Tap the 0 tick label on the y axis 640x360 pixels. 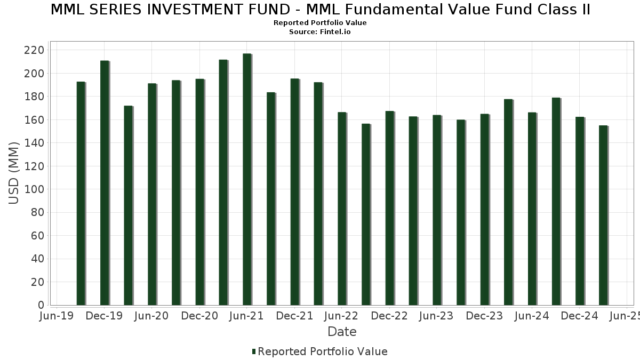click(41, 305)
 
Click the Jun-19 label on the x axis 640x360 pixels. click(57, 316)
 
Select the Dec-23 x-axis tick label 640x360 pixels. click(484, 316)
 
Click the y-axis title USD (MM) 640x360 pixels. click(14, 173)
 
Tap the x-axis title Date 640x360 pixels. click(342, 332)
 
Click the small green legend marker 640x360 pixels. click(254, 351)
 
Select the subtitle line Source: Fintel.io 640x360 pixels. click(320, 32)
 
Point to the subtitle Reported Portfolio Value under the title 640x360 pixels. click(320, 23)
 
